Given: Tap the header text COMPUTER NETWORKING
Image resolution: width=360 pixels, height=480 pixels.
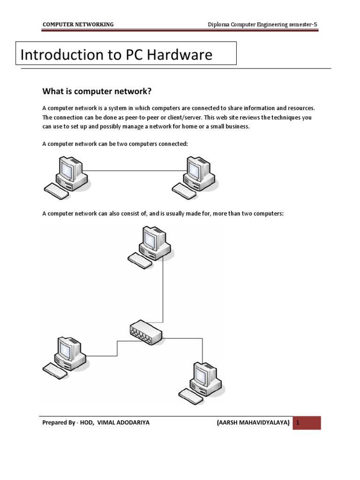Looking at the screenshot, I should [x=78, y=24].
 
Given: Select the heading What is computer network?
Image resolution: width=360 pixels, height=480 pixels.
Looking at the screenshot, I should [x=98, y=91].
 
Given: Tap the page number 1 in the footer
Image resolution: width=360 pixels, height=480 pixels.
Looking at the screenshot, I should [x=297, y=422].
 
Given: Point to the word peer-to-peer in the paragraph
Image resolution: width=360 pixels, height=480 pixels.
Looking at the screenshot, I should [x=129, y=118].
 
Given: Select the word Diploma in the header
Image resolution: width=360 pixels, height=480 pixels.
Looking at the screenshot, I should [x=219, y=24].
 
